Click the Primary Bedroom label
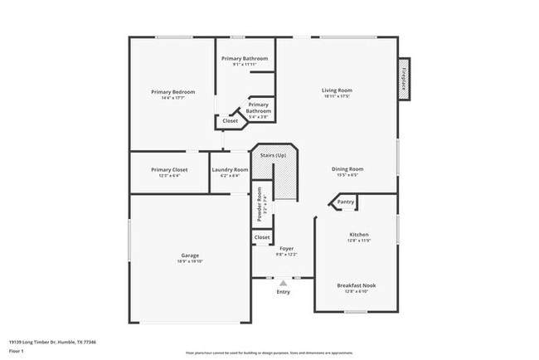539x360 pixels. coord(172,91)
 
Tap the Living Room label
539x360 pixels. coord(337,90)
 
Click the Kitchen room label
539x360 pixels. coord(359,234)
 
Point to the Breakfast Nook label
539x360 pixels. coord(357,285)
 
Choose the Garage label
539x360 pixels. coord(190,255)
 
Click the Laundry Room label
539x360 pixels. coord(230,169)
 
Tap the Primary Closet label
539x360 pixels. coord(169,169)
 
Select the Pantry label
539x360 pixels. coord(346,202)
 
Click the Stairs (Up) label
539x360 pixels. coord(274,155)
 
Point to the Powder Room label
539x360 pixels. coord(259,203)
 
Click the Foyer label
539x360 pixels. coord(286,248)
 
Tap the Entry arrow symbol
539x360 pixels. coord(283,283)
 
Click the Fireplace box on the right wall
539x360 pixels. coord(404,80)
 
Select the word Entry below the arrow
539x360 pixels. coord(283,291)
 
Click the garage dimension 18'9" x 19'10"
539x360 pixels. coord(190,261)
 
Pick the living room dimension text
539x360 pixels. coord(337,96)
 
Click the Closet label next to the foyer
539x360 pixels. coord(262,237)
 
